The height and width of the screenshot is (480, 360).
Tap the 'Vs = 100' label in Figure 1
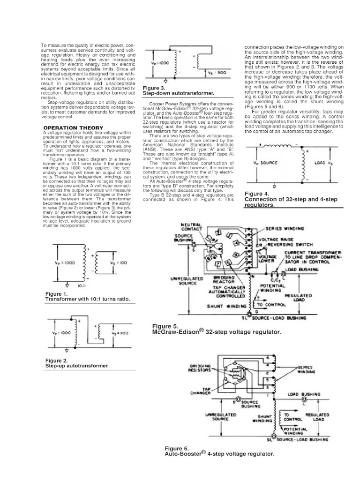tap(122, 263)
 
